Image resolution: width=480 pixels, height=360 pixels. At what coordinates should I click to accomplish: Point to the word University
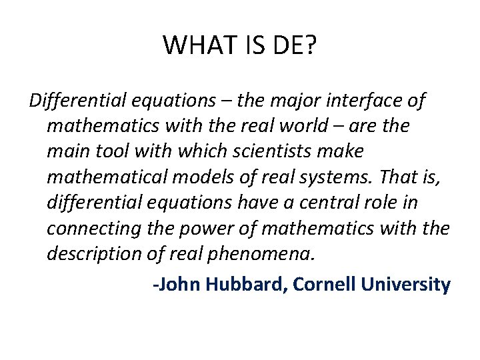point(406,285)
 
